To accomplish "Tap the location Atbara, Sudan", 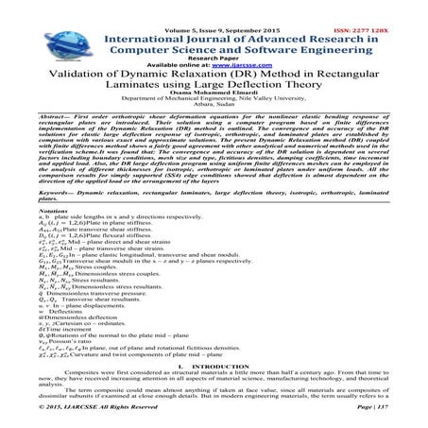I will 214,104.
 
